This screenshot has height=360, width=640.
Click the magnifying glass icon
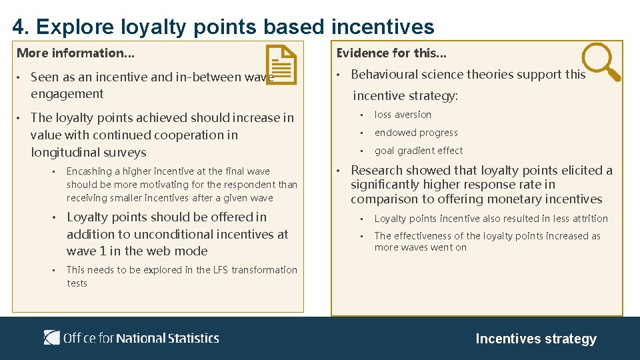click(x=601, y=61)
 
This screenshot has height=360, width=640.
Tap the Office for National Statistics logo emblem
click(x=52, y=337)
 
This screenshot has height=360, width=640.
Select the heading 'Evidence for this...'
click(x=391, y=53)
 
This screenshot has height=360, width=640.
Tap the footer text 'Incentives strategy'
click(x=535, y=339)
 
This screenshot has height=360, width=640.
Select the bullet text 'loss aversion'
click(x=403, y=115)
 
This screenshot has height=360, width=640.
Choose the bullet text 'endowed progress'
click(x=416, y=133)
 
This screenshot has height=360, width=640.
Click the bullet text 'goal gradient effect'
click(x=418, y=151)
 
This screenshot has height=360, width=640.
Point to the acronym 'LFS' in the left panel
click(x=221, y=270)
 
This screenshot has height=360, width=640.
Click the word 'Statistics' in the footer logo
click(x=193, y=338)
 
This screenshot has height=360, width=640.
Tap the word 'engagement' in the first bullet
click(x=67, y=94)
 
